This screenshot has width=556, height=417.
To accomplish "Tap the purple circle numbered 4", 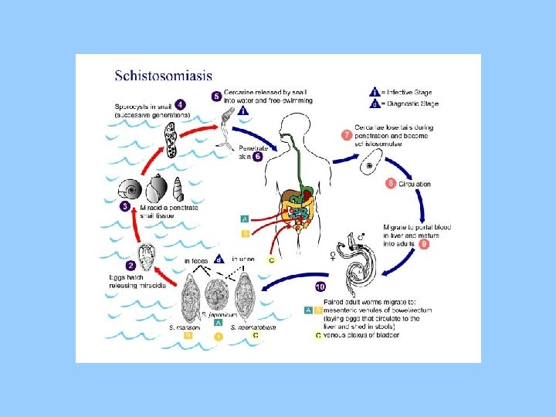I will tap(180, 104).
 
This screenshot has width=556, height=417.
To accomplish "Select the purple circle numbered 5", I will tap(217, 96).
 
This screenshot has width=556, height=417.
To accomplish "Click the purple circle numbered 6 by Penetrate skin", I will tap(257, 156).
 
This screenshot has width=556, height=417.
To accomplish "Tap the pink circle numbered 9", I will tap(425, 244).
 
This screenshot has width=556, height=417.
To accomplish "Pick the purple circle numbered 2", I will tap(131, 266).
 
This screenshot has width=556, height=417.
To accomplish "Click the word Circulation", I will tap(415, 184).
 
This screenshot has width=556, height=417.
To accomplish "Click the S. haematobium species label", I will tap(256, 327).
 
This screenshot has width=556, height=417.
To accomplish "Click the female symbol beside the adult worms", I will tap(334, 254).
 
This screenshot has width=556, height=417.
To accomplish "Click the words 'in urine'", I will tap(242, 260).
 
